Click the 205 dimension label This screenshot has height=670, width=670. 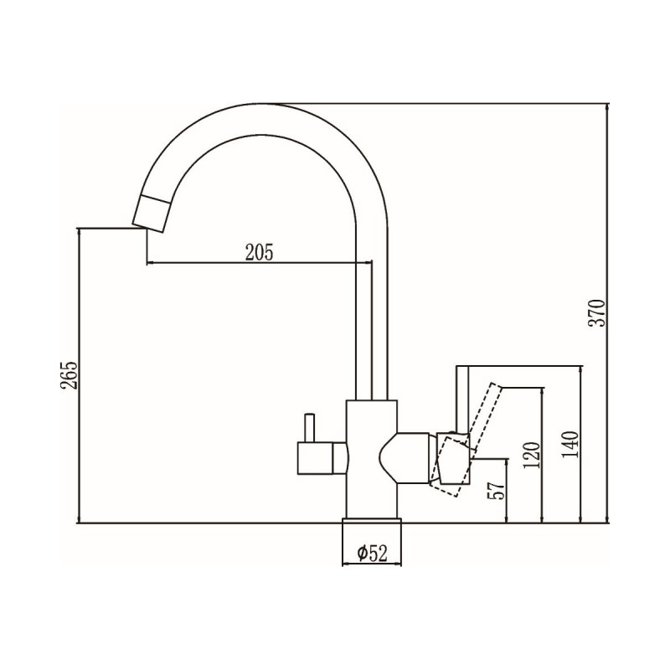260,251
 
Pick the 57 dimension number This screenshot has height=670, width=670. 496,491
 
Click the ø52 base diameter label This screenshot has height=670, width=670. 370,553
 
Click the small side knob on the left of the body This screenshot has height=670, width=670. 317,458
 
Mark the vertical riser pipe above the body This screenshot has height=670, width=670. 373,335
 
